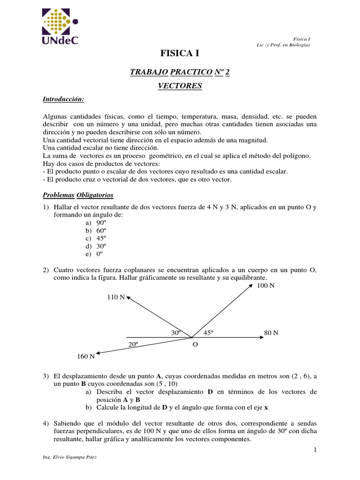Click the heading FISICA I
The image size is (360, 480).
(180, 54)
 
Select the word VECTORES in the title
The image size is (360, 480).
(180, 86)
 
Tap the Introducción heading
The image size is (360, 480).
(63, 99)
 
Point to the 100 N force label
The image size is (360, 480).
(266, 285)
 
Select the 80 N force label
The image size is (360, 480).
(271, 333)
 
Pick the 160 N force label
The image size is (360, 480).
(86, 356)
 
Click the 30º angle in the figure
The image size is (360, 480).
(176, 332)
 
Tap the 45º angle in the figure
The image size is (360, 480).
(208, 332)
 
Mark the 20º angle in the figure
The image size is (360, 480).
(133, 344)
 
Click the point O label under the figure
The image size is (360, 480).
(195, 344)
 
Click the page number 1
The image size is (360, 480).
(315, 450)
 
